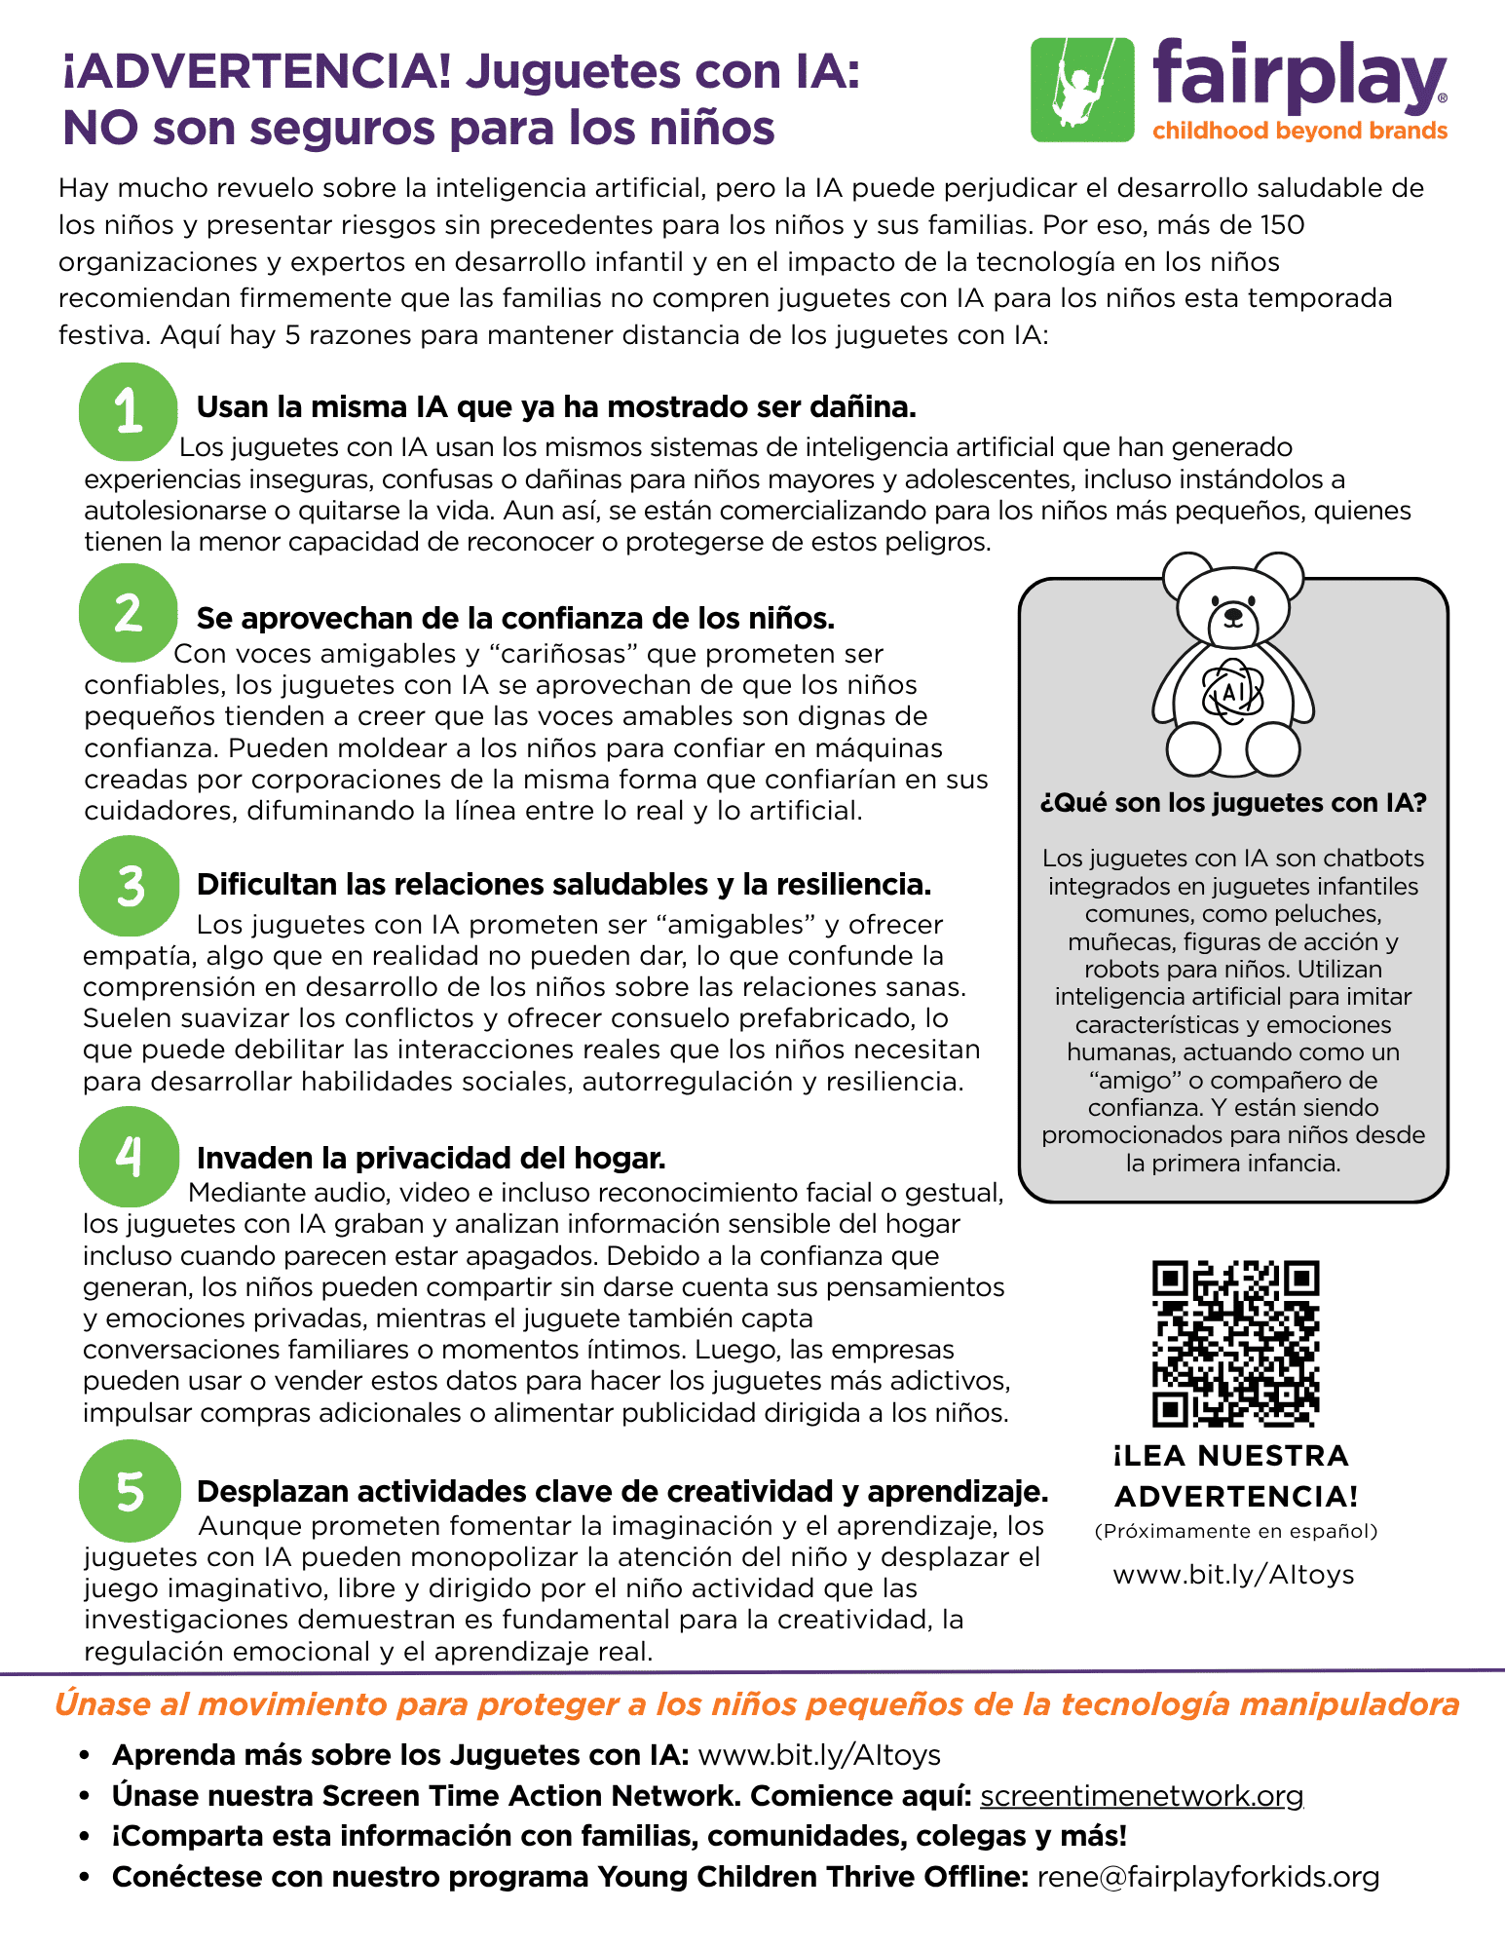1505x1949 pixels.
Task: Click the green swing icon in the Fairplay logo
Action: [x=1082, y=90]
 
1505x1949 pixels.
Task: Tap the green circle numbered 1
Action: [x=129, y=412]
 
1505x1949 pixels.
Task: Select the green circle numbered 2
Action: [x=129, y=613]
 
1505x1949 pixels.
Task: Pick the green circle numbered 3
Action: [x=130, y=886]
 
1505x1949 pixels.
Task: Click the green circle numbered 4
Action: [x=130, y=1157]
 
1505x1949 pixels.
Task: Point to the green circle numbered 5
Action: [x=131, y=1491]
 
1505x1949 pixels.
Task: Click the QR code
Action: [x=1235, y=1343]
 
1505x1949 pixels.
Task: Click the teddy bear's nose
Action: [x=1233, y=616]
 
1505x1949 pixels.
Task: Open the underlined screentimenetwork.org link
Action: [x=1141, y=1795]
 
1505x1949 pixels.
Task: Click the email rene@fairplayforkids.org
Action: [x=1208, y=1876]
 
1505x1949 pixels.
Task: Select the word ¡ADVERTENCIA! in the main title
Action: [x=257, y=72]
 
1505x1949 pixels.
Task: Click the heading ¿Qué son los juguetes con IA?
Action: [x=1233, y=803]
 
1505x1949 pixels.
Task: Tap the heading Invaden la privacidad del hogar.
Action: [x=431, y=1158]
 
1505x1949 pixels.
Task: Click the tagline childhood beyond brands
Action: [x=1299, y=131]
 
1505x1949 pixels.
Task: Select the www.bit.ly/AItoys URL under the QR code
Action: [x=1233, y=1575]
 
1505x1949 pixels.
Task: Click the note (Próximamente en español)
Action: [x=1235, y=1531]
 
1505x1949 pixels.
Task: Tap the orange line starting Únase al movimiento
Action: [x=757, y=1704]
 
